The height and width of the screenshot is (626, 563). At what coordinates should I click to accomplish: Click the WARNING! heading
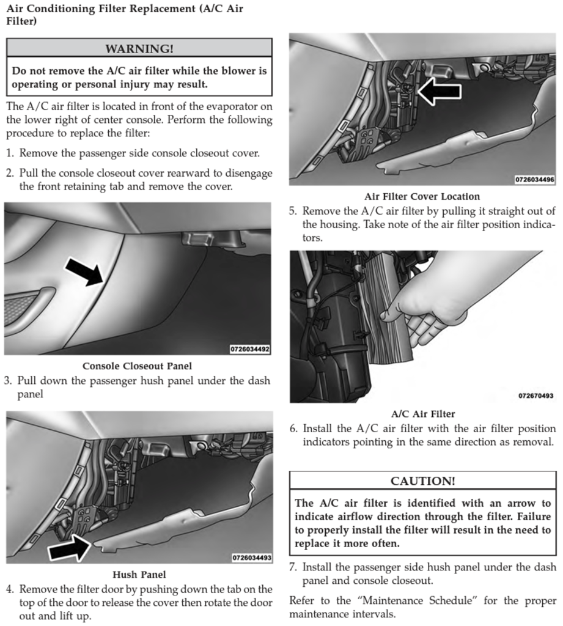point(139,48)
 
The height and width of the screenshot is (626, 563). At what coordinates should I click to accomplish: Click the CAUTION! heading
point(422,481)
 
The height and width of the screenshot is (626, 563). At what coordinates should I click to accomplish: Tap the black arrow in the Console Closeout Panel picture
point(84,271)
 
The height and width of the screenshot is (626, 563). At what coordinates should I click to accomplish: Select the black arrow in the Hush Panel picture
point(69,546)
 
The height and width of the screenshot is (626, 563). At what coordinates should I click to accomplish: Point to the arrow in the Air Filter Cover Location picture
point(439,90)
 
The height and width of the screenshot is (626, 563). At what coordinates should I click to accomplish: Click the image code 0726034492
point(250,350)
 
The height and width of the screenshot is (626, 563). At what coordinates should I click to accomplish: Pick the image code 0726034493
point(252,558)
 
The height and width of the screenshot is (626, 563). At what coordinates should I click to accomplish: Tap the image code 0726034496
point(534,180)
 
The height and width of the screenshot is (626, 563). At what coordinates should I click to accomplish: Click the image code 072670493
point(535,396)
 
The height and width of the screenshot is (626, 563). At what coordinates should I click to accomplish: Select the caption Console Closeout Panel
point(137,366)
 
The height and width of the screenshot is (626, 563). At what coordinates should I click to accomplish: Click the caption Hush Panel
point(139,575)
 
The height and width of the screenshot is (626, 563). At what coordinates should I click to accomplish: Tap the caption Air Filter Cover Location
point(422,196)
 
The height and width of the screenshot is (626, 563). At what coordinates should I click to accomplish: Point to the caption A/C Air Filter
point(423,414)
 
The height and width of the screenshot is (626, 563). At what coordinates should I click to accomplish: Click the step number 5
point(292,211)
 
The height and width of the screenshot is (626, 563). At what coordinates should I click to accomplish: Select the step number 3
point(8,381)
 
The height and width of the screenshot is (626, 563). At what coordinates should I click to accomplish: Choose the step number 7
point(292,567)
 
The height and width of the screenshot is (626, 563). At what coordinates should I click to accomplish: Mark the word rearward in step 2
point(171,173)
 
